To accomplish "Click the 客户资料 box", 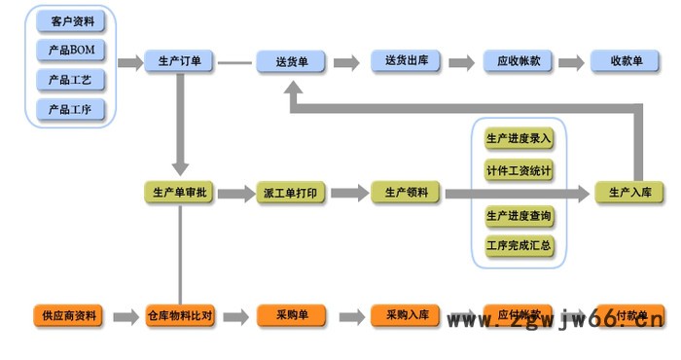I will pos(70,20).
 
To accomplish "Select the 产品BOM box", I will pos(70,50).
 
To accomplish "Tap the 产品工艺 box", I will pos(70,80).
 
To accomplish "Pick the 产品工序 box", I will pos(70,110).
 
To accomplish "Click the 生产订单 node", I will pos(180,62).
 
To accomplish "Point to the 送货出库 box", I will pos(406,62).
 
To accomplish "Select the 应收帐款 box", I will pos(519,62).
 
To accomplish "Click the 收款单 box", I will pos(627,62).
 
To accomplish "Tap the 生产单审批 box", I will pos(180,193).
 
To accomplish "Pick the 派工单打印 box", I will pos(290,193).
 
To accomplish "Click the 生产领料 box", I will pos(406,193).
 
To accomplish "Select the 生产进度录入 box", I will pos(519,139).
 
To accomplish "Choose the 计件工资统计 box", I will pos(519,171).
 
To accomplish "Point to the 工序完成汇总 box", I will pos(519,245).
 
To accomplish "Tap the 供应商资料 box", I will pos(70,316).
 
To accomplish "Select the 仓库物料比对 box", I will pos(180,316).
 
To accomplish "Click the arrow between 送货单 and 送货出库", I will pos(346,62).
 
